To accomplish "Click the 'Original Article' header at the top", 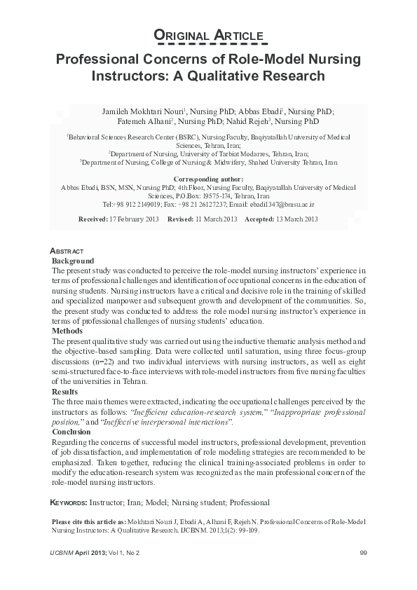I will pos(208,36).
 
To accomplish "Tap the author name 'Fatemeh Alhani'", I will pos(132,122).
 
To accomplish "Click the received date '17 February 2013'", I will pos(133,219).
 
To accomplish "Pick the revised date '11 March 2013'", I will pos(217,219).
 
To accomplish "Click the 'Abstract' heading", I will pos(67,251).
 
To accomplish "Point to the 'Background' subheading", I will pos(74,260).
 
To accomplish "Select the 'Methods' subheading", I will pos(68,330).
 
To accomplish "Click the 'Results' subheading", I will pos(66,391).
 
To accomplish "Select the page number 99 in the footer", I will pos(363,554).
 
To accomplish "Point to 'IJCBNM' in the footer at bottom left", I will pos(62,554).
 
